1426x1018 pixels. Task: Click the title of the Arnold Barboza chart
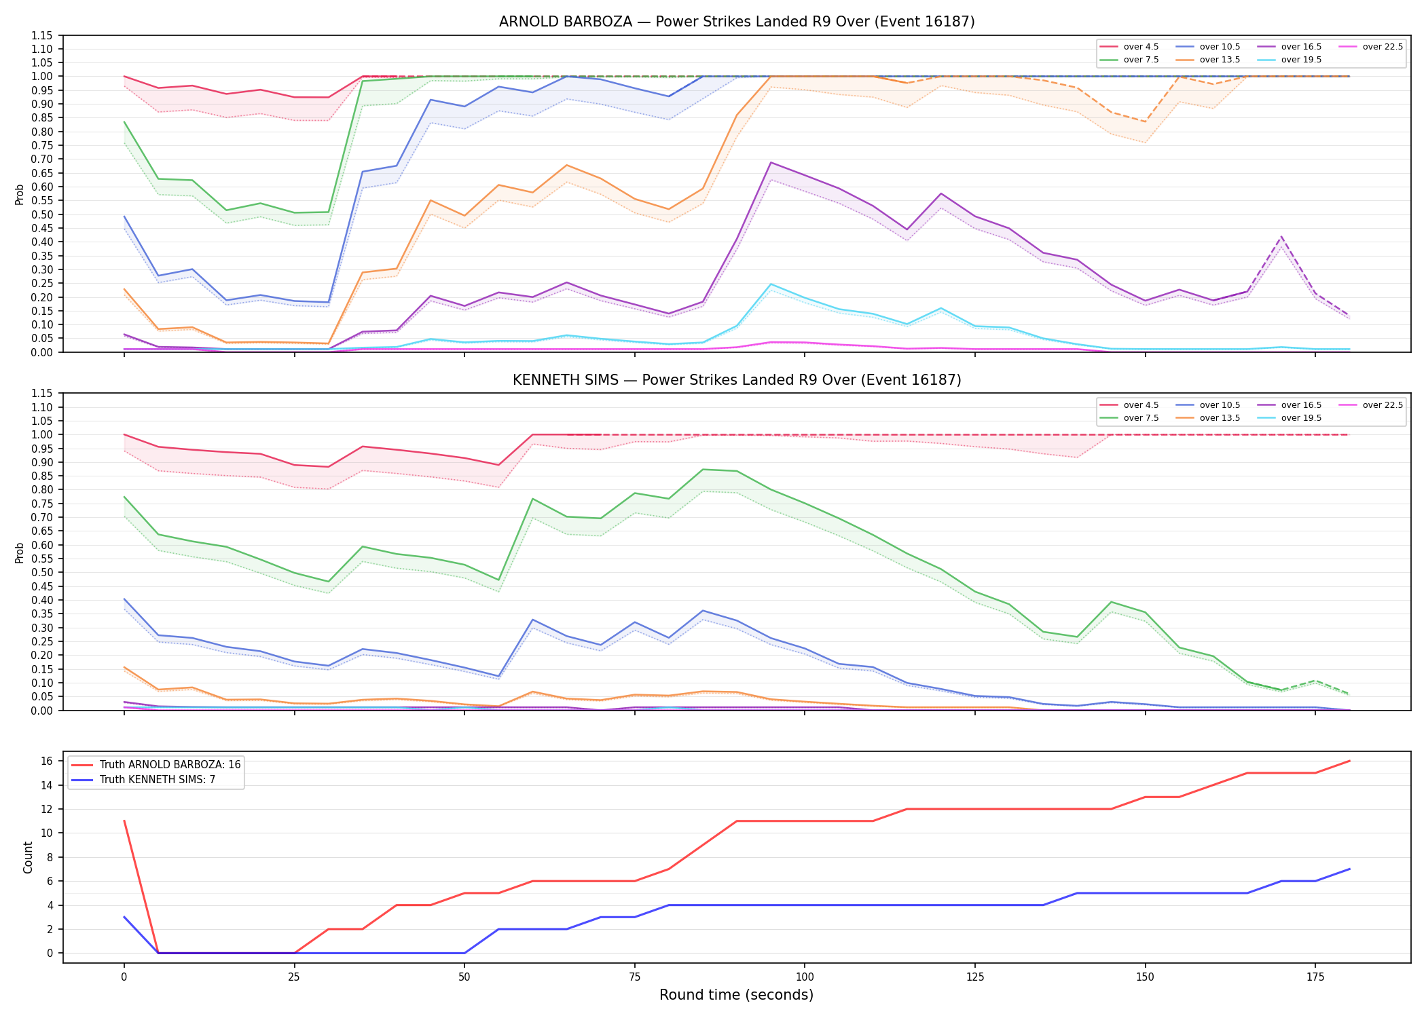click(737, 22)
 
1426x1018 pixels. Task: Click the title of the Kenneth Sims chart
click(737, 380)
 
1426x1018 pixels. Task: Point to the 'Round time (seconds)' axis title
click(736, 995)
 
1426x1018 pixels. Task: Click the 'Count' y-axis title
click(28, 857)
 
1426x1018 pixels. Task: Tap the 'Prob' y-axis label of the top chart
click(20, 194)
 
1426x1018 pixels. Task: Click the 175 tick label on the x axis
click(1315, 977)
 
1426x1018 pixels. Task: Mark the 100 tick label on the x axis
click(804, 977)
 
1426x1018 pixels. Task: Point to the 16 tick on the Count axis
click(47, 761)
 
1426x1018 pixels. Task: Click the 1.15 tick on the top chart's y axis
click(42, 35)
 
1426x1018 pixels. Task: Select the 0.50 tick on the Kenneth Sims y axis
click(42, 573)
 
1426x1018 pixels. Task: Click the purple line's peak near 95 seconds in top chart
click(771, 162)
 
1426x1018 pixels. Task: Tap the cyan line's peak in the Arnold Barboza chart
click(771, 284)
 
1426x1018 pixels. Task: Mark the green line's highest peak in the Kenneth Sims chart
click(703, 470)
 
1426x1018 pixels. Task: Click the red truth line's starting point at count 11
click(124, 821)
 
